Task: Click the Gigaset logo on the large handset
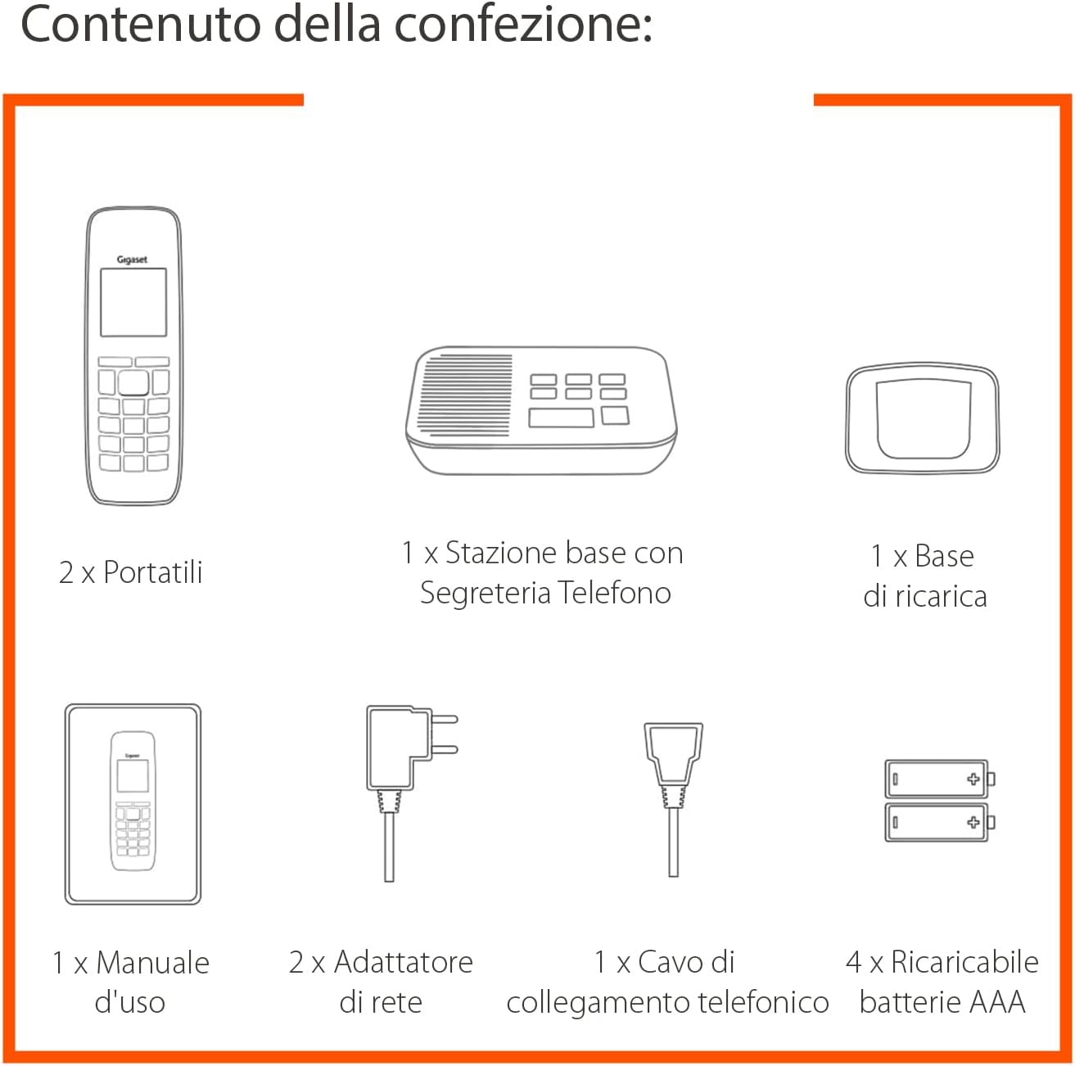[x=132, y=260]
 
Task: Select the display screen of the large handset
[x=133, y=302]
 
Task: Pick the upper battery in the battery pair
[x=939, y=779]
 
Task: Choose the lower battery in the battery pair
[x=939, y=821]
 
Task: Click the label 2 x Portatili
[x=131, y=572]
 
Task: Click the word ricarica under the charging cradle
[x=941, y=596]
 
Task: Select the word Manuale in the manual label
[x=152, y=963]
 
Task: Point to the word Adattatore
[x=403, y=962]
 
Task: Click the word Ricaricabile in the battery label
[x=964, y=962]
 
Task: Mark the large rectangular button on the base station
[x=561, y=418]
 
